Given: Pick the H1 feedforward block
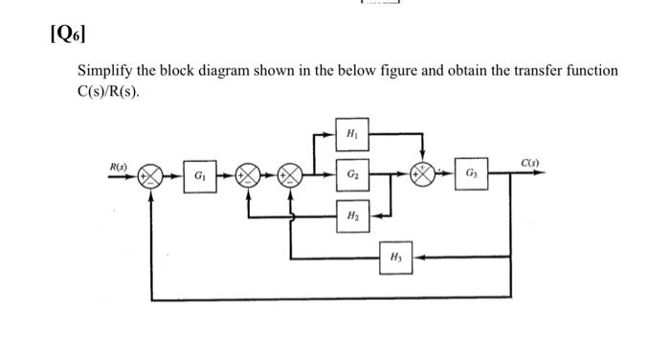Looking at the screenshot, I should [x=352, y=132].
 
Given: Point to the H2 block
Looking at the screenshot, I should [x=352, y=215].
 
